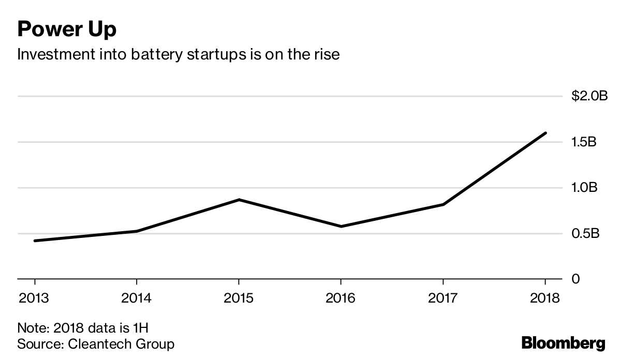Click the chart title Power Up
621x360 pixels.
coord(67,29)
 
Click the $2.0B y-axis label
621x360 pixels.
coord(589,96)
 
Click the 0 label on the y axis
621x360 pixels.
coord(575,279)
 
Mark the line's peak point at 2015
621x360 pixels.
coord(239,200)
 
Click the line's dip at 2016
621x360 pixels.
coord(341,227)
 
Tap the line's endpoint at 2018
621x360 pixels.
coord(545,133)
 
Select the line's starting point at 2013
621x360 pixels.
coord(35,241)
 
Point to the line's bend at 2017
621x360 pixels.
coord(443,204)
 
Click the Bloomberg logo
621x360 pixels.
coord(563,342)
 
